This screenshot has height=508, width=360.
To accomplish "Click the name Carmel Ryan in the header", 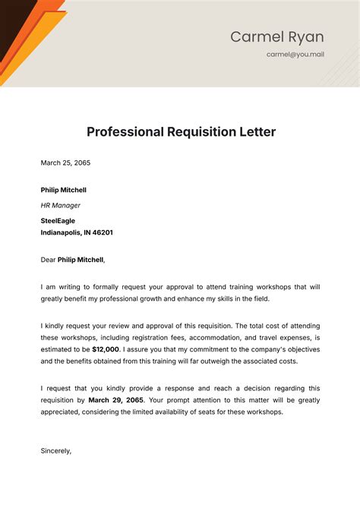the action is [276, 36].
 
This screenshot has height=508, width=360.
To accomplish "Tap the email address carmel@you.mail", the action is [295, 55].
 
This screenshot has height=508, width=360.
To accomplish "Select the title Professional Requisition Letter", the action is [181, 131].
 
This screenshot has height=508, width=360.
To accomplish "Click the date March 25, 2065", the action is [65, 162].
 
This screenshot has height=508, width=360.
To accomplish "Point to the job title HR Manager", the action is [61, 205].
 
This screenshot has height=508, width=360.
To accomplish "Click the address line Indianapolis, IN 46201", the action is [77, 233].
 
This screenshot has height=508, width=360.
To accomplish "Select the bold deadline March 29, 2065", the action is [116, 399].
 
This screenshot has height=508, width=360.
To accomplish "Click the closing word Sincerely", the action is [56, 450].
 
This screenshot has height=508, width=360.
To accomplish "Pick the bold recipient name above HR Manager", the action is [64, 190].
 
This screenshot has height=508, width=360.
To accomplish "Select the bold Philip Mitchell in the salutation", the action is [81, 260].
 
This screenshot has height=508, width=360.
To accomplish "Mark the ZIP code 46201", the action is [102, 233].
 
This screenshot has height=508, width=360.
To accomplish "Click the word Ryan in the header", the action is [305, 36].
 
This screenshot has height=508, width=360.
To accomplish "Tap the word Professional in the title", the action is [125, 131].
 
